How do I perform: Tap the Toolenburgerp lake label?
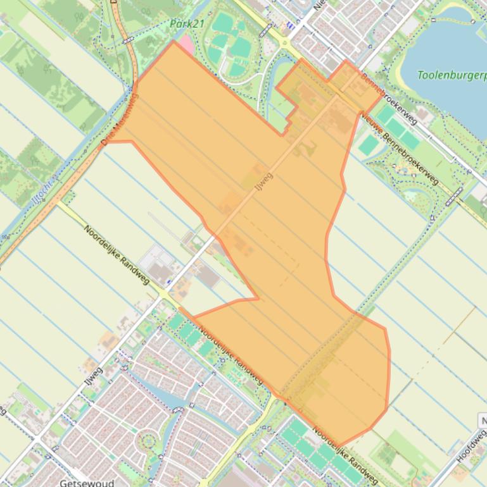(452, 75)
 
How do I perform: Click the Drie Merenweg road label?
(120, 119)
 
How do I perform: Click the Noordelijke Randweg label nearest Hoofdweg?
(345, 457)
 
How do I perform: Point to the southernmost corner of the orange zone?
(338, 446)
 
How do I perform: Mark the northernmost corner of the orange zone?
(173, 42)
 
